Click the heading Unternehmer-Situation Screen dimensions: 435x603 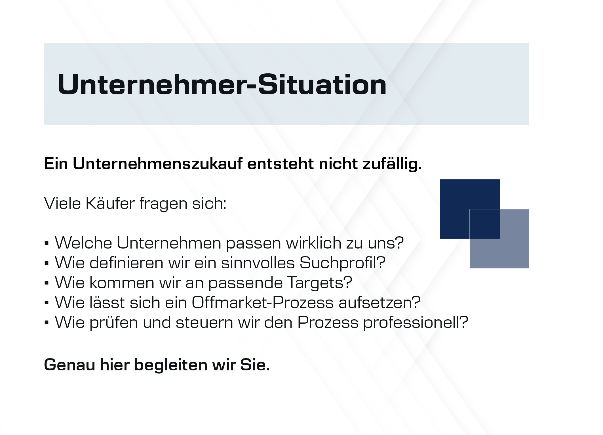[222, 84]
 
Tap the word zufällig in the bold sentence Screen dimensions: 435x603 [392, 164]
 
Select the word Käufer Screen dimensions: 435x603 [110, 203]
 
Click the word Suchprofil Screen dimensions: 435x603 [339, 263]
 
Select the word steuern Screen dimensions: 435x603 [204, 322]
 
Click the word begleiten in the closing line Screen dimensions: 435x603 [171, 365]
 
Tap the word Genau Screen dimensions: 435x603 [69, 365]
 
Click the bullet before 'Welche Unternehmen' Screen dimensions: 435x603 [47, 243]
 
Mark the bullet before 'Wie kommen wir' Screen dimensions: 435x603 [47, 283]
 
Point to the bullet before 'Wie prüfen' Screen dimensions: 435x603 [47, 323]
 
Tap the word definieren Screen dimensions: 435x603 [126, 263]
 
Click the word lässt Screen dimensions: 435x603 [107, 303]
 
